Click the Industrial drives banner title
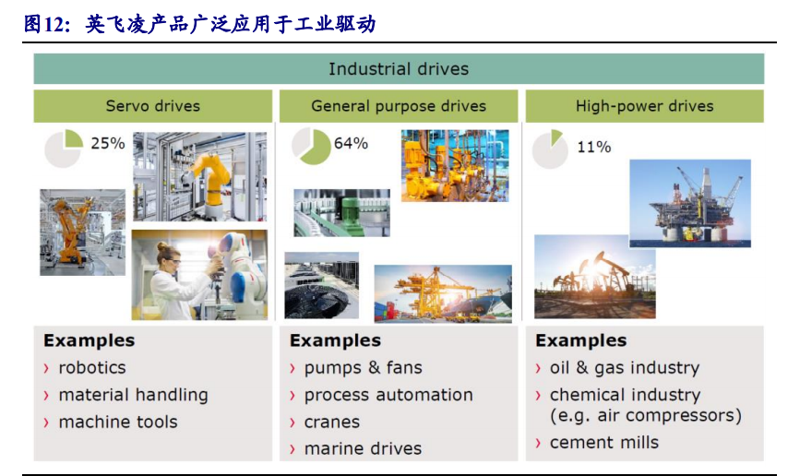pos(399,69)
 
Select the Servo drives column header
pos(153,106)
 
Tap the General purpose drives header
pos(399,106)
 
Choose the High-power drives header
pos(644,106)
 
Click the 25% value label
pos(108,143)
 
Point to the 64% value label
pos(351,143)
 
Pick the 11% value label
pos(593,147)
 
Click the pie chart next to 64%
pos(311,146)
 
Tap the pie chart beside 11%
pos(550,149)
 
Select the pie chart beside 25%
pos(64,148)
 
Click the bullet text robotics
pos(92,367)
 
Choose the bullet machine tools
pos(118,422)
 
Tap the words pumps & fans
pos(363,368)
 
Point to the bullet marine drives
pos(363,448)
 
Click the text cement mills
pos(604,442)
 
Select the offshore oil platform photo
pos(690,204)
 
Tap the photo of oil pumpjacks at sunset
pos(594,277)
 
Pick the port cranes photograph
pos(443,293)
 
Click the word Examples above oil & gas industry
pos(581,340)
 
